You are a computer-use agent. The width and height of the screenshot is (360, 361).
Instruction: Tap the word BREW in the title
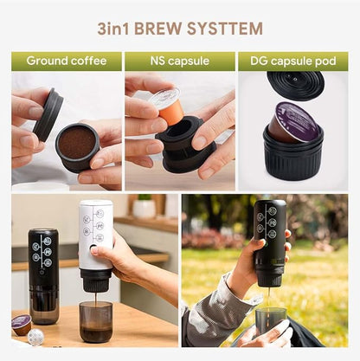coord(161,29)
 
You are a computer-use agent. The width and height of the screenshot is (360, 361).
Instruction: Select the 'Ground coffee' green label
coord(66,61)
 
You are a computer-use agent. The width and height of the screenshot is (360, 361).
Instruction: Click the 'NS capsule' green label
coord(179,61)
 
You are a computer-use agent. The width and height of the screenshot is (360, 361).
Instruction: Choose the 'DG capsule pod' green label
coord(292,61)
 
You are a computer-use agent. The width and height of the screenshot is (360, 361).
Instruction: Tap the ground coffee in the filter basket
coord(77,142)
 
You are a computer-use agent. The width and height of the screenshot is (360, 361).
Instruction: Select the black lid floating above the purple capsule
coord(295,84)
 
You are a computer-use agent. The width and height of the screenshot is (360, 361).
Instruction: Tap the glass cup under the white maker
coord(95,320)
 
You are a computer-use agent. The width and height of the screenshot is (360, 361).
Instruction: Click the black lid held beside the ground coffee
coord(48,114)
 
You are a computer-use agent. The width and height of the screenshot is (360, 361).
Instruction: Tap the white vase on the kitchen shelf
coord(145,208)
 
